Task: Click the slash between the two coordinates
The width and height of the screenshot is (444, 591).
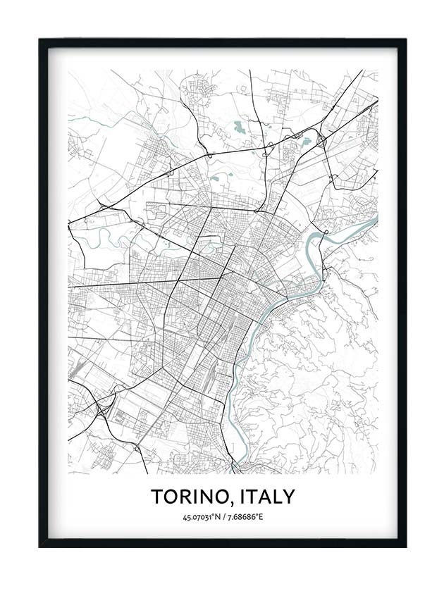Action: [x=223, y=518]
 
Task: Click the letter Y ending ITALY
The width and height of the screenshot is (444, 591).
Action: [x=289, y=497]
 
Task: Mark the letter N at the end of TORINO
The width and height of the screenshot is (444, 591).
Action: [x=207, y=497]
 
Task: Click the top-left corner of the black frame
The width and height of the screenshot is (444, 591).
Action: [x=40, y=40]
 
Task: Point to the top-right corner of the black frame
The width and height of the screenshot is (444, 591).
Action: [x=405, y=40]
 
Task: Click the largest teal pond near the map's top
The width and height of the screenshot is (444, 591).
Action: [x=240, y=128]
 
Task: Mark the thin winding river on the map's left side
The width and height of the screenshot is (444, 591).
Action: [x=106, y=232]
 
